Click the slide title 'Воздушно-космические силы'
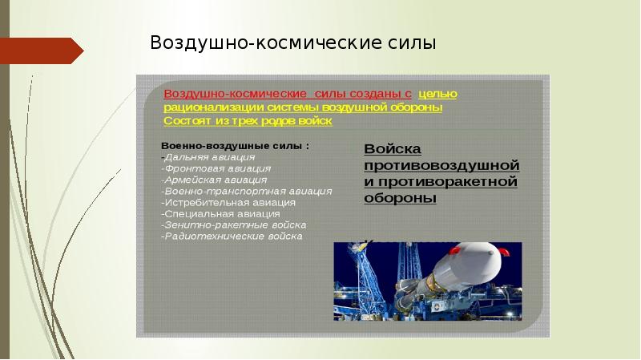292,42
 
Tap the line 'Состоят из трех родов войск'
247,121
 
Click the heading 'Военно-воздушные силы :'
235,147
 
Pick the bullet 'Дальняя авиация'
209,158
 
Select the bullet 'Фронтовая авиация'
216,169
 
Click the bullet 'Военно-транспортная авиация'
246,192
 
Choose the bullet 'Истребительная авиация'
230,203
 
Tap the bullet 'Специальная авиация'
221,214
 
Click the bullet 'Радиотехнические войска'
232,237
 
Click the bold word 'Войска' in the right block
393,149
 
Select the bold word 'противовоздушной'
441,165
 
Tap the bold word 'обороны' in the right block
400,198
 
